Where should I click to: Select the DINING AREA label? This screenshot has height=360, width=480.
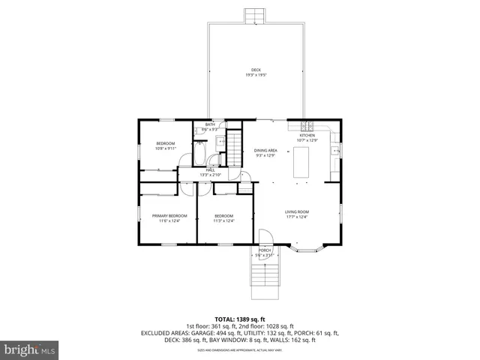265,151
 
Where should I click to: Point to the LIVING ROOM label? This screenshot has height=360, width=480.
297,212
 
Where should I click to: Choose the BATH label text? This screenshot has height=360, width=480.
199,125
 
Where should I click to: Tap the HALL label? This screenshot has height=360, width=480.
211,170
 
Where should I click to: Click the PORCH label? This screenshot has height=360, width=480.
265,250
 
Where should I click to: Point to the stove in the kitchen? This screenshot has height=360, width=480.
306,124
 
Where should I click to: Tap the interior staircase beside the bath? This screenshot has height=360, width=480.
236,148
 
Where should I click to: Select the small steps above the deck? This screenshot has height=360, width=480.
255,16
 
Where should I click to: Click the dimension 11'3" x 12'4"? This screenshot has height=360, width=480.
223,221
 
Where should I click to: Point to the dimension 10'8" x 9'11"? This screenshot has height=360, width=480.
165,148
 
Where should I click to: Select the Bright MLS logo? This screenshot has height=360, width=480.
30,349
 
